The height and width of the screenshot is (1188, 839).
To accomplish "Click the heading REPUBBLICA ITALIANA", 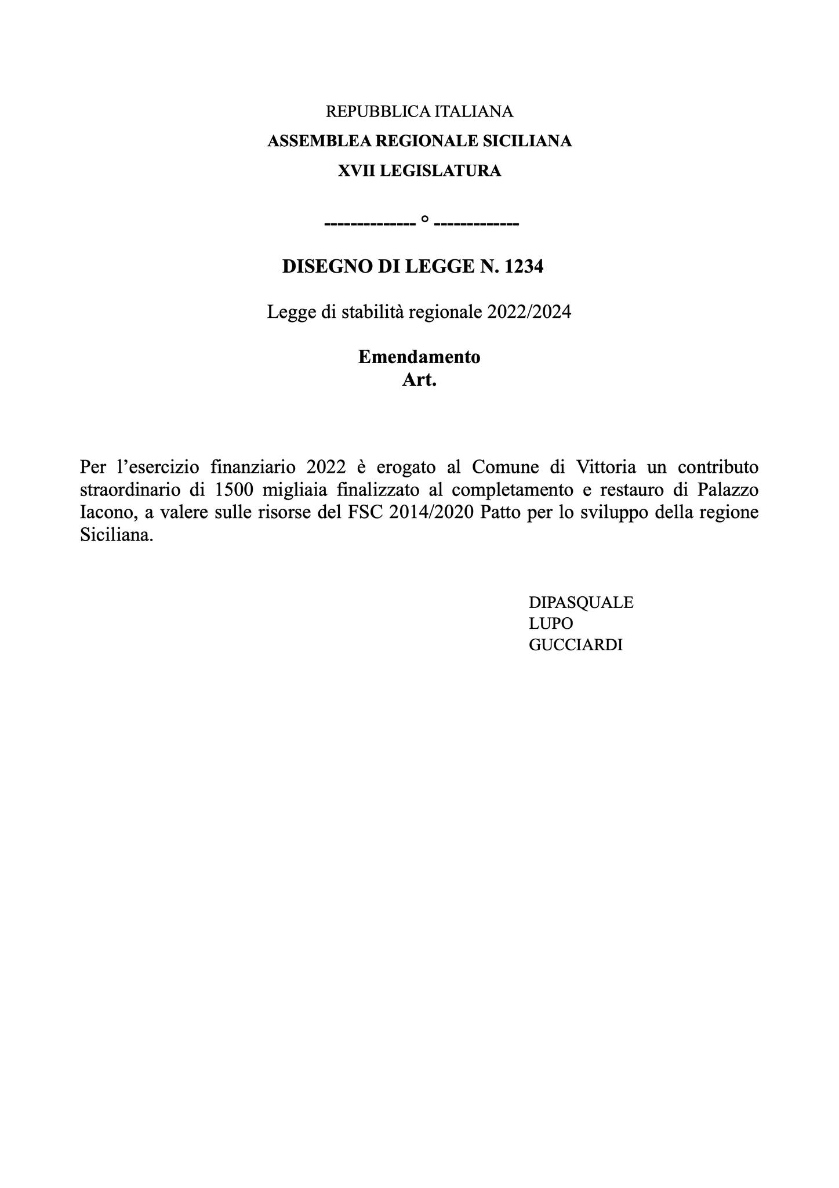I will [419, 111].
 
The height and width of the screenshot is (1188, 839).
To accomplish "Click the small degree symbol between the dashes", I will [424, 220].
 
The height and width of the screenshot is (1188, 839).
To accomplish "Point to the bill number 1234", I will [524, 267].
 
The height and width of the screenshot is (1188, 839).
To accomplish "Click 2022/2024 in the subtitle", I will [529, 312].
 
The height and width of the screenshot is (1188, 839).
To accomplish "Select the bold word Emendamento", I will [419, 357].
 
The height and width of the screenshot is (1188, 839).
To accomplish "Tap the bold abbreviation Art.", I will [419, 381].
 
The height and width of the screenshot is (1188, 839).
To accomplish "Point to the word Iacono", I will [107, 513].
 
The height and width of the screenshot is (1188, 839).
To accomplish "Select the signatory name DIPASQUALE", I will [581, 602].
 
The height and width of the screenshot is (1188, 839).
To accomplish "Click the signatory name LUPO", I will [551, 624].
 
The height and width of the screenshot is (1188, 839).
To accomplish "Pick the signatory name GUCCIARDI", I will [576, 645].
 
